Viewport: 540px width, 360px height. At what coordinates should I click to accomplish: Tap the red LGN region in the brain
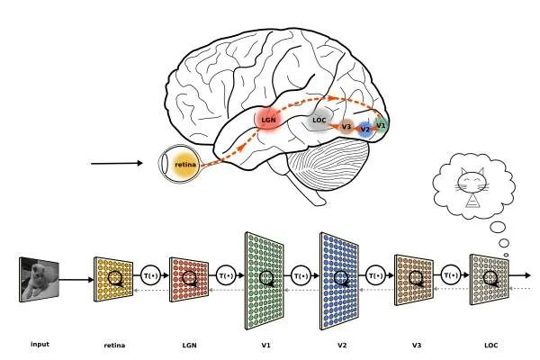pyautogui.click(x=268, y=119)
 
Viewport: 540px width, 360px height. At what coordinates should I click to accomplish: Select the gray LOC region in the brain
pyautogui.click(x=319, y=121)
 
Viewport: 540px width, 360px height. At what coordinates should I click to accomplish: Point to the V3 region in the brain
pyautogui.click(x=346, y=127)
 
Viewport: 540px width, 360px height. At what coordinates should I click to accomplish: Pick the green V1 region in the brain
pyautogui.click(x=381, y=124)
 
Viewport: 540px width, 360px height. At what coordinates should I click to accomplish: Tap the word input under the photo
pyautogui.click(x=40, y=344)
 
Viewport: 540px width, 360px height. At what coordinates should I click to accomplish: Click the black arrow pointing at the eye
pyautogui.click(x=117, y=164)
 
